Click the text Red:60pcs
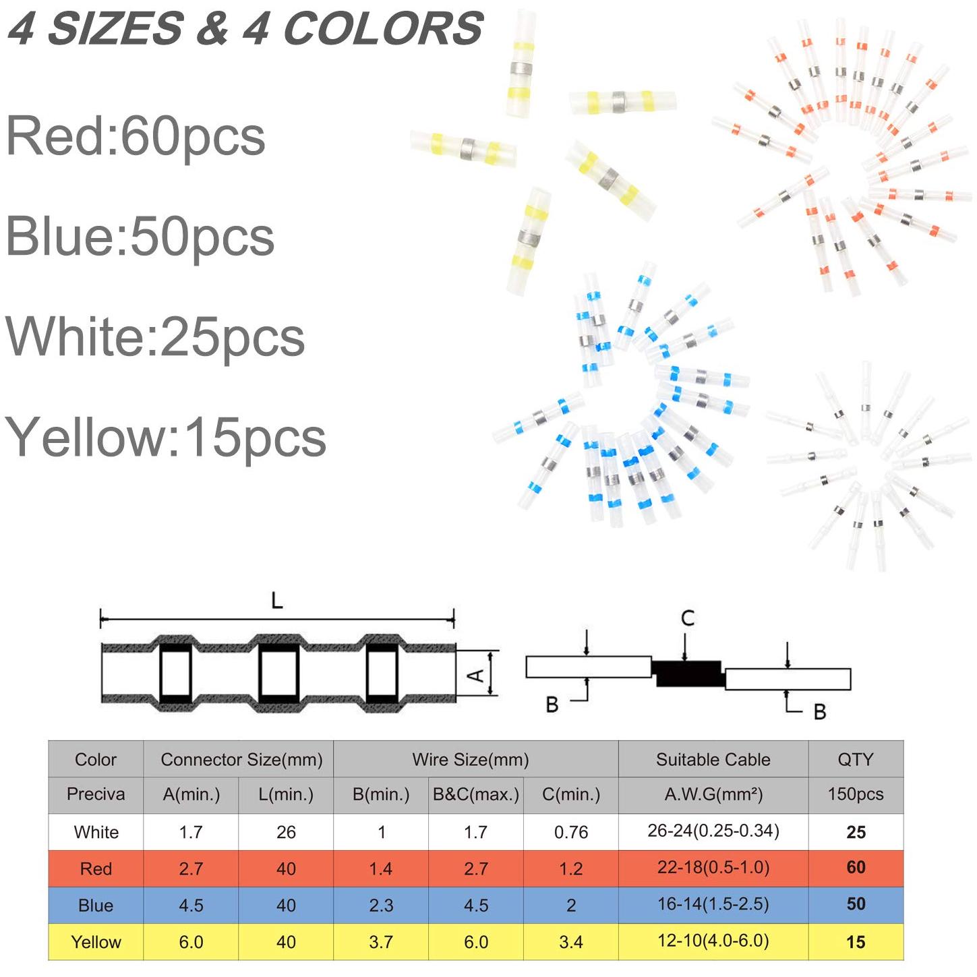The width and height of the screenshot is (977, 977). [x=136, y=137]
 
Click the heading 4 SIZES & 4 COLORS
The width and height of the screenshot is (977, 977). [x=245, y=28]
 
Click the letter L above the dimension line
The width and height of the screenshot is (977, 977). [x=277, y=601]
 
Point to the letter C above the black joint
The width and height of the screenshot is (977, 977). [x=688, y=618]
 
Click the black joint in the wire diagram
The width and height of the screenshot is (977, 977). [x=688, y=674]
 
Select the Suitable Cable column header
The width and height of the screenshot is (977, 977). [x=713, y=759]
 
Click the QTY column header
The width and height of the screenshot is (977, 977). [x=856, y=759]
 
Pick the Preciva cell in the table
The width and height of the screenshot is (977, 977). [x=96, y=794]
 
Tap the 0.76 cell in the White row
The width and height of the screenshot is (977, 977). [x=571, y=832]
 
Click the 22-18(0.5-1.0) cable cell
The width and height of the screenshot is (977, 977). [x=713, y=868]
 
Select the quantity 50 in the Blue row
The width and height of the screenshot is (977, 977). [x=856, y=904]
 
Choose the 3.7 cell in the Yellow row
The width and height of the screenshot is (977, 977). [x=381, y=942]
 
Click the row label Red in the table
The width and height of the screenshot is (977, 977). [x=96, y=869]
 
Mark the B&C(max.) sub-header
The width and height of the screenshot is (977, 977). [x=475, y=794]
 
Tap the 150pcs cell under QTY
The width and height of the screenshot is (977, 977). [x=856, y=794]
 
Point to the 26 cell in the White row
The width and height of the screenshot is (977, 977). [x=286, y=832]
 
